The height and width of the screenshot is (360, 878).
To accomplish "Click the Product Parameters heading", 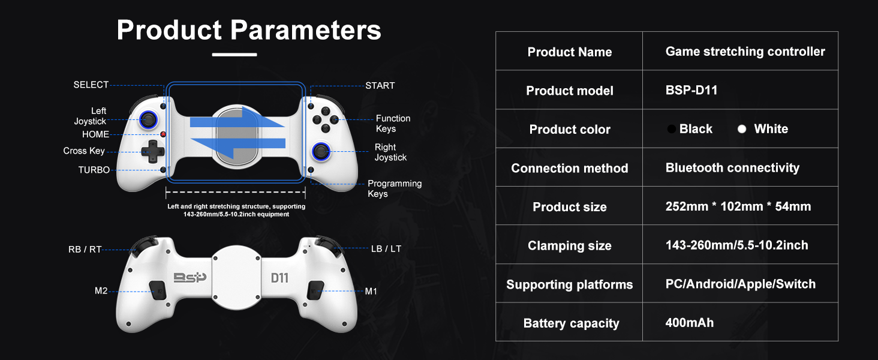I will coord(249,30).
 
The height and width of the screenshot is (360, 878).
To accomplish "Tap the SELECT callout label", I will coord(91,85).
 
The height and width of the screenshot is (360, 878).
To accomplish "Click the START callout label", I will coord(380,86).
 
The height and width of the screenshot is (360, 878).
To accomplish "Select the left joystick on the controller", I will coord(147,119).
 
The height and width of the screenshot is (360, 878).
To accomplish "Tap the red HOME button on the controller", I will coord(163,134).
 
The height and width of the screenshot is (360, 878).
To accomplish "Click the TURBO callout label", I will coord(94,170).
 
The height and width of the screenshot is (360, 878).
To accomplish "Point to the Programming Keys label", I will coord(394,188).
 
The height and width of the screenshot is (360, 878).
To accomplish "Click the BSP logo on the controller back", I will coord(190,277).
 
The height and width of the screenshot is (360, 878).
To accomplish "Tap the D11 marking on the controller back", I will coord(279,278).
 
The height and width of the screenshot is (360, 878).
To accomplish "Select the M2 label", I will coord(101,291).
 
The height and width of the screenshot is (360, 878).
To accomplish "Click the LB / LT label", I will coord(386,248).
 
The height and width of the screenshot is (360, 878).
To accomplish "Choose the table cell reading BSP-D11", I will coord(691,91).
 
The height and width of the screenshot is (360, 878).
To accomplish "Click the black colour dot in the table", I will coord(672,130).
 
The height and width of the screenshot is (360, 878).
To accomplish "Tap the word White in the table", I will coord(771,129).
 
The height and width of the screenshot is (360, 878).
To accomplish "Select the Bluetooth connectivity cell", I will coord(732,168).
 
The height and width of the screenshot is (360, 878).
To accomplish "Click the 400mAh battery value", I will coord(690,323).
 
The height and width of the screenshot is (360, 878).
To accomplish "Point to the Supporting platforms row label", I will coord(569,284).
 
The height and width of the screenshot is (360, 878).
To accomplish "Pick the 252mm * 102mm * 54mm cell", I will coord(738,207).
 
